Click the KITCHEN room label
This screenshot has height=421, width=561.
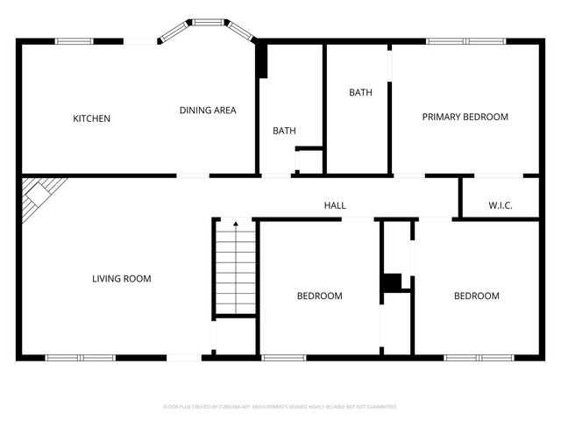[91, 118]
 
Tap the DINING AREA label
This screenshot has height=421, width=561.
[208, 111]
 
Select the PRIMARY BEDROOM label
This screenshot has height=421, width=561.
[465, 117]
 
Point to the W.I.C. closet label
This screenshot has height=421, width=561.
[501, 205]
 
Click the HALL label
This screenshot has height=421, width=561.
[335, 205]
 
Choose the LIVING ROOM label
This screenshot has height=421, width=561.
[122, 279]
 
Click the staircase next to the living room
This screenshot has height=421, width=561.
[235, 268]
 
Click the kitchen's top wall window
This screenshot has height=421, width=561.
[75, 40]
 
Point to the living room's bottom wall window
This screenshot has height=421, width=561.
[81, 357]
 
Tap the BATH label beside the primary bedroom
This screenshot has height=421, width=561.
[360, 92]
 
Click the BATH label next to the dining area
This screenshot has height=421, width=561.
[284, 131]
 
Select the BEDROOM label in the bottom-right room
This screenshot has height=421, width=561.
[476, 296]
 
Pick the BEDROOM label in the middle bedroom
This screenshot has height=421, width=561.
[319, 296]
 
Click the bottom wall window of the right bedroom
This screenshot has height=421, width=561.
[479, 357]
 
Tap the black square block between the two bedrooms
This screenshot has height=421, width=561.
[391, 282]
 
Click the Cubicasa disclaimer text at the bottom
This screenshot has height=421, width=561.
[280, 407]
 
